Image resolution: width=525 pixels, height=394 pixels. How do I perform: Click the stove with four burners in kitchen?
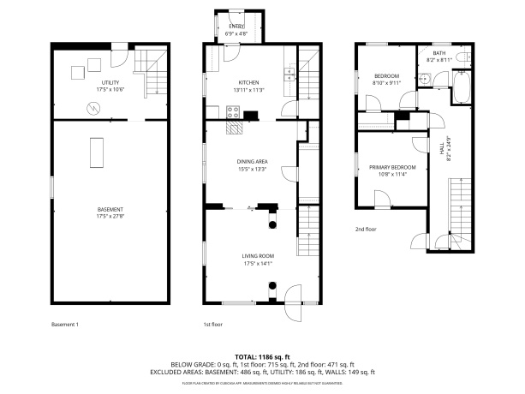point(232,112)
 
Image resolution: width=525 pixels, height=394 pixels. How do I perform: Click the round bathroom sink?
point(422,76)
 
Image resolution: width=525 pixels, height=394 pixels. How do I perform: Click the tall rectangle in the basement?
point(97,151)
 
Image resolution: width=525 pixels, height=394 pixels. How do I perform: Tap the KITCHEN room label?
point(248,82)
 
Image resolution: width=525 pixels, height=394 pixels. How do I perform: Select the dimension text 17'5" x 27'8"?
point(110,217)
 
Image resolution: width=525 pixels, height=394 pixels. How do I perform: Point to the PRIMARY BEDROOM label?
point(392,167)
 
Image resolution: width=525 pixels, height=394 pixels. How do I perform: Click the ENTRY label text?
point(236,27)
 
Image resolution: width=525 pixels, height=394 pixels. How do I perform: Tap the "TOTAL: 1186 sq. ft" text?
point(263,356)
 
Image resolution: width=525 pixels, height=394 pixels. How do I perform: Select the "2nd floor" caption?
point(366,230)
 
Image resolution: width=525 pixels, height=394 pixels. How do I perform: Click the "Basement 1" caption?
point(65,325)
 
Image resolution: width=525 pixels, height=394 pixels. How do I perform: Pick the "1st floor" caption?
point(213,325)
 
